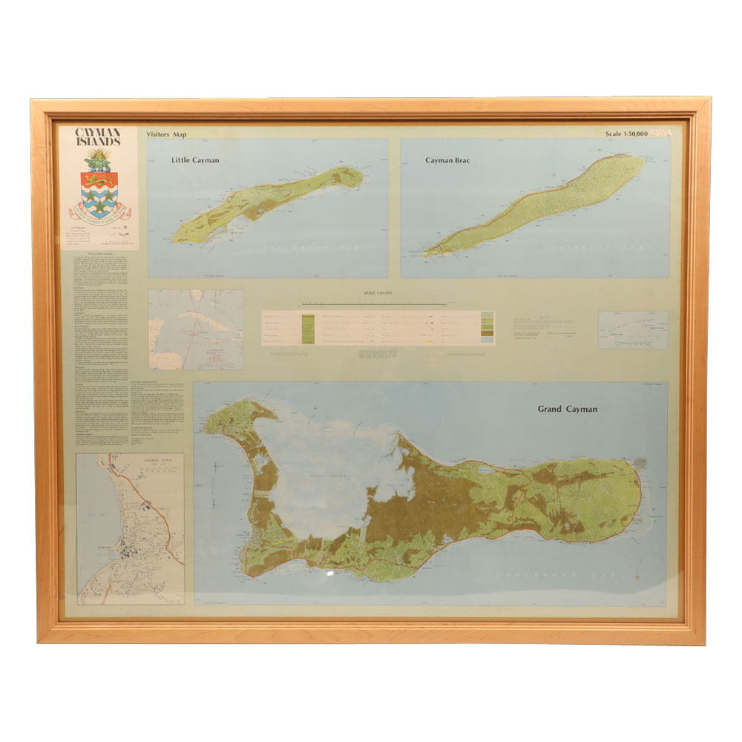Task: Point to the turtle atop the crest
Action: [x=98, y=158]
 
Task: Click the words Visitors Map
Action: [x=169, y=134]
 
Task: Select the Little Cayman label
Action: [x=195, y=160]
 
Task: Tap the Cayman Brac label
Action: [x=446, y=160]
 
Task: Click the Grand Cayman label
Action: [x=568, y=409]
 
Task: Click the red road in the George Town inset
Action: [x=148, y=505]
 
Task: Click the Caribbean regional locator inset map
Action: [x=195, y=329]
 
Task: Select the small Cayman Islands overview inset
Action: [x=633, y=329]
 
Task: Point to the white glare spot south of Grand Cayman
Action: [x=329, y=574]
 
